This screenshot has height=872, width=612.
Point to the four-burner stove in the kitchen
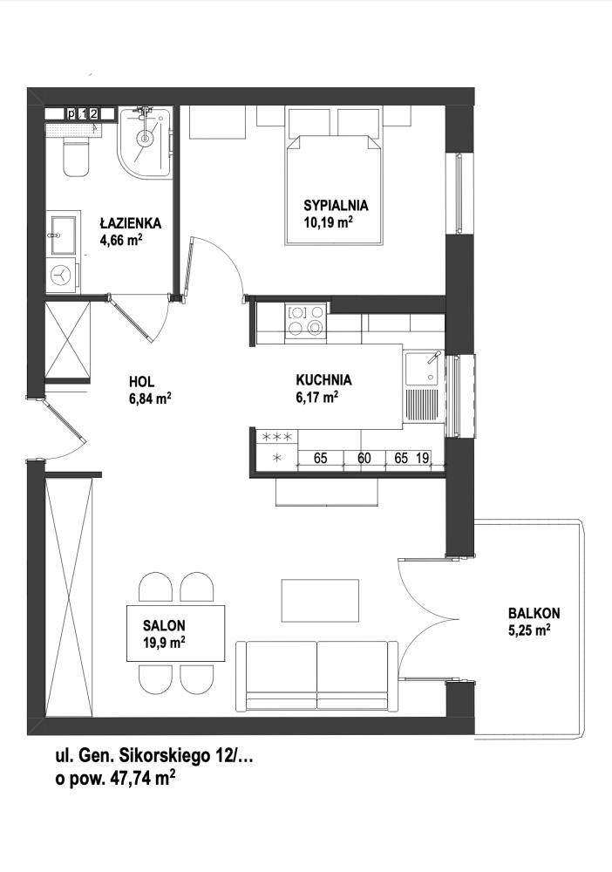pos(305,321)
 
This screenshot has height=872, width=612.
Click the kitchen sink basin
pos(423,368)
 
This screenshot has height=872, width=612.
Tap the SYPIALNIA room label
pos(336,205)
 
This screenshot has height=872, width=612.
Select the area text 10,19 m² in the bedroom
pos(329,222)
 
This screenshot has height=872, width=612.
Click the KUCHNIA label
pos(323,380)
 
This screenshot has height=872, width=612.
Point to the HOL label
pos(142,382)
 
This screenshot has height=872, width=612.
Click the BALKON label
pos(534,613)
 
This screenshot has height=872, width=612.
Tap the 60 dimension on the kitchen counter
pos(364,459)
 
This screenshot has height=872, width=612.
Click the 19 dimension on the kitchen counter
pos(423,459)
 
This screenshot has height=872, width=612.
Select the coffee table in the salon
pos(320,601)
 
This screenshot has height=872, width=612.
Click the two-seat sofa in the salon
pos(316,676)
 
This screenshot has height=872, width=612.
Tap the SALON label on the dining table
pos(164,625)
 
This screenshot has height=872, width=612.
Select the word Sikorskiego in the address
pos(166,757)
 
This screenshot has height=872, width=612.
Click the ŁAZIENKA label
pos(130,223)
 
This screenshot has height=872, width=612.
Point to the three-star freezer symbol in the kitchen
pos(277,437)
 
